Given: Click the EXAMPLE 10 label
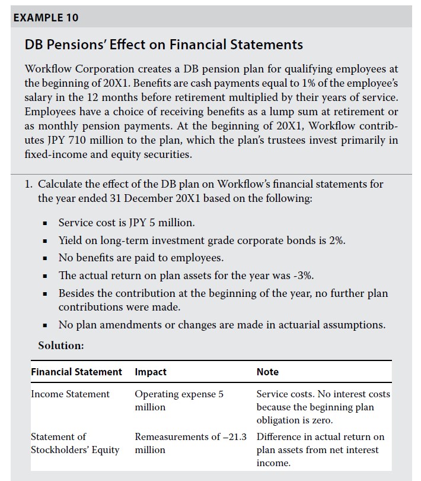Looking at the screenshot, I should click(x=46, y=17).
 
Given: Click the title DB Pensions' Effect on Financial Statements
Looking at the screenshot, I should click(x=164, y=45).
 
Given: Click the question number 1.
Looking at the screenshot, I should click(x=28, y=184).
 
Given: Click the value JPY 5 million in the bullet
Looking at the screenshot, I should click(x=163, y=223).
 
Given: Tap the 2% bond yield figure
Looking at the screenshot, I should click(x=336, y=240).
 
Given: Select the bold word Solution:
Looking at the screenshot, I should click(x=61, y=345).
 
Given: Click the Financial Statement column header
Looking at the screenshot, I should click(x=76, y=372).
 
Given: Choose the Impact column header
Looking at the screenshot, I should click(x=151, y=372).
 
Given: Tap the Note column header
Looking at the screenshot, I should click(x=267, y=372).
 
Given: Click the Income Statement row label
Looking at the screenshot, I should click(x=70, y=394).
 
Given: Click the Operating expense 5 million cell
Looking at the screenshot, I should click(x=179, y=401).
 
